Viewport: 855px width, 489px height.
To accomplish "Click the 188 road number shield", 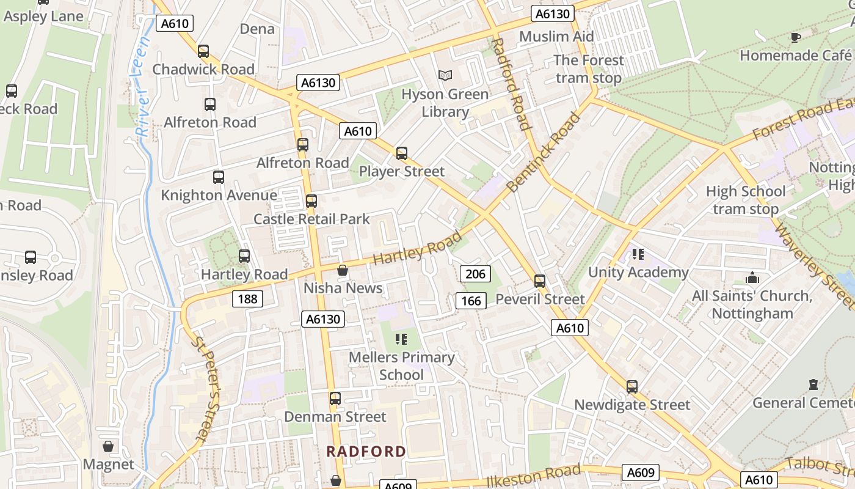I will [247, 298].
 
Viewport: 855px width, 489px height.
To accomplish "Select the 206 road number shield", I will [475, 274].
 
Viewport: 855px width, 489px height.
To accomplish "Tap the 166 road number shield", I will [471, 300].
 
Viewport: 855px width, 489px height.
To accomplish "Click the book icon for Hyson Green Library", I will [445, 75].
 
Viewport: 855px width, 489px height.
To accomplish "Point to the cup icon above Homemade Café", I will [795, 37].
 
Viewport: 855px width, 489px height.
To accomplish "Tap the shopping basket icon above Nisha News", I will [343, 270].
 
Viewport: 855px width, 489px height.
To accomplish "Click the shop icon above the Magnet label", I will [108, 446].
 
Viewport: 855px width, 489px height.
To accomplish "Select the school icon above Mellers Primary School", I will [401, 339].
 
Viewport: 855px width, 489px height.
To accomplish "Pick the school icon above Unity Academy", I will [638, 254].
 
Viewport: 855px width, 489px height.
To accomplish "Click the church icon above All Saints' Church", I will [752, 278].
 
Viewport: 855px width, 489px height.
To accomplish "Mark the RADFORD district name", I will [366, 452].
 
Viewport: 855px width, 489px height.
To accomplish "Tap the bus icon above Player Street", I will [401, 153].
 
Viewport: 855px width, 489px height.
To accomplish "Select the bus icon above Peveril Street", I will [540, 281].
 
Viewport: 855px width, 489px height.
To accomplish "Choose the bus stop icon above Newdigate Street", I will [632, 386].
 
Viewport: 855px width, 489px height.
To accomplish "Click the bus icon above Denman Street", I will [335, 399].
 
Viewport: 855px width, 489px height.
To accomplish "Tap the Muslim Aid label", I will [556, 37].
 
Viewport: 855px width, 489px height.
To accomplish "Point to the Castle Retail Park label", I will [311, 219].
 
